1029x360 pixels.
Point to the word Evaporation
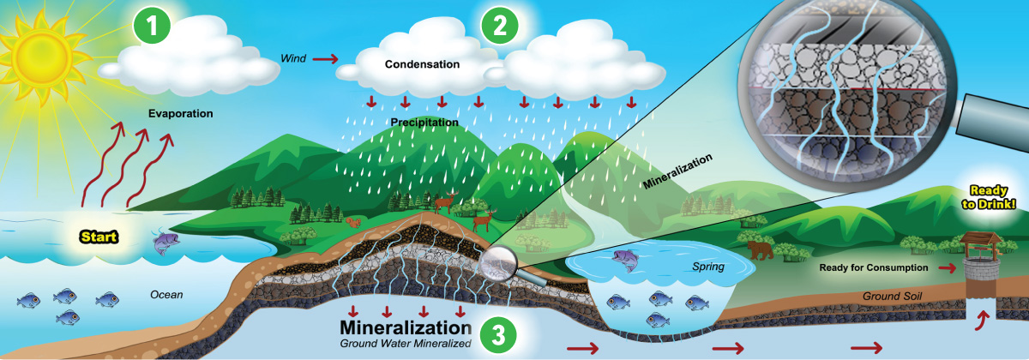180,113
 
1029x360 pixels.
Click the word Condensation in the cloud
422,64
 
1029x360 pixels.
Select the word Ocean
167,294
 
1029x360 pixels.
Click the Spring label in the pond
709,267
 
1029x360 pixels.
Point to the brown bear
760,249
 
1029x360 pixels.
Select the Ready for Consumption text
874,268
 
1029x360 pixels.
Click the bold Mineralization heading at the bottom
405,327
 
